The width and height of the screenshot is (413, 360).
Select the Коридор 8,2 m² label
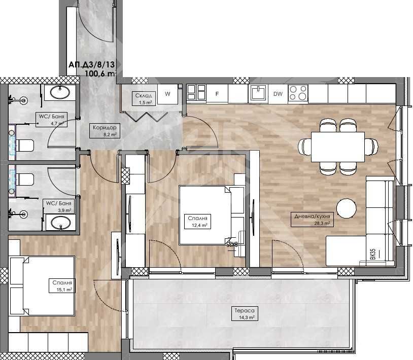106,131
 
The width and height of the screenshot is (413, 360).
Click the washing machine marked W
167,94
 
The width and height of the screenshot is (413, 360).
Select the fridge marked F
217,94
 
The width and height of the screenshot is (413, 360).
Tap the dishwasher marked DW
278,94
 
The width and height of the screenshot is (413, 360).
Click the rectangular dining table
337,147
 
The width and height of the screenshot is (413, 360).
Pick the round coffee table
347,207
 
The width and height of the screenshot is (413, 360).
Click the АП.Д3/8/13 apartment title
92,65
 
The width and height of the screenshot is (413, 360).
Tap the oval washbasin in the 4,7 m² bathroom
61,93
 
